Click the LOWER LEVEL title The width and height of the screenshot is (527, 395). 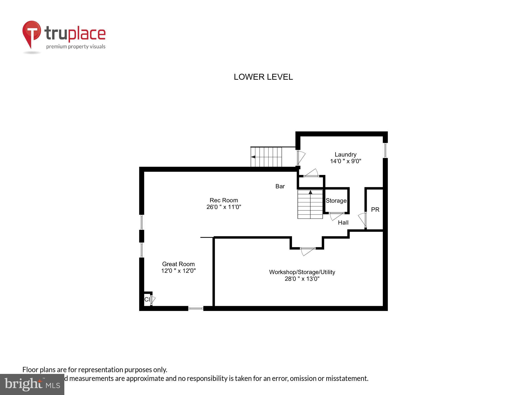point(263,77)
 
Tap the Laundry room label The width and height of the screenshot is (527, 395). point(345,155)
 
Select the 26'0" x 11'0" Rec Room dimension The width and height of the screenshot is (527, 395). point(224,207)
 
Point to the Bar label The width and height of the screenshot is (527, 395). point(280,186)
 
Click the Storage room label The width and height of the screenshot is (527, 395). point(336,201)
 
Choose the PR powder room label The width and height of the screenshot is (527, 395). point(375,210)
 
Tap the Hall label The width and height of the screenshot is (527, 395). point(343,223)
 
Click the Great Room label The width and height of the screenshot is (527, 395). point(178,264)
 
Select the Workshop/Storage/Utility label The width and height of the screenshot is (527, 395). point(302,272)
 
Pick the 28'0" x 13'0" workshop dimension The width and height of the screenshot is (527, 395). point(302,279)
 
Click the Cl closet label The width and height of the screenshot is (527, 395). point(147,299)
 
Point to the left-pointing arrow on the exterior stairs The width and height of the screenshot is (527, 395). point(253,157)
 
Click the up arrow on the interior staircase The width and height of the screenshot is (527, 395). point(310,192)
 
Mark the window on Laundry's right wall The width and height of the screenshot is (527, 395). point(385,150)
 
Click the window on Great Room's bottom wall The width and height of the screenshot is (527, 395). point(196,308)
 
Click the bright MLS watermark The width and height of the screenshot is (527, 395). point(32,384)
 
